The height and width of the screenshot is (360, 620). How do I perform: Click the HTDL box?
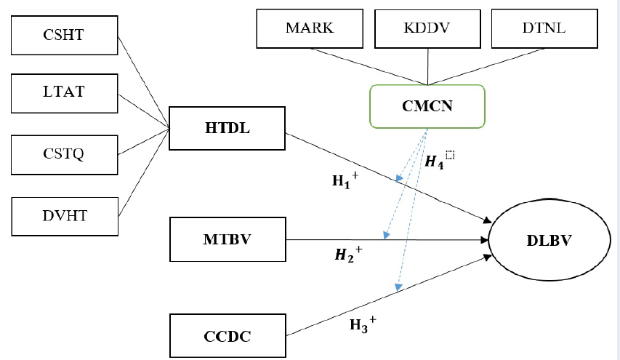pyautogui.click(x=227, y=129)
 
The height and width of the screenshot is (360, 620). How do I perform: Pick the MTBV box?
pyautogui.click(x=227, y=239)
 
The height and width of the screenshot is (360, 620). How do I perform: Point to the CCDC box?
pyautogui.click(x=227, y=337)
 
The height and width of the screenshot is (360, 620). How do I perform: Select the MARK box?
pyautogui.click(x=310, y=29)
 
